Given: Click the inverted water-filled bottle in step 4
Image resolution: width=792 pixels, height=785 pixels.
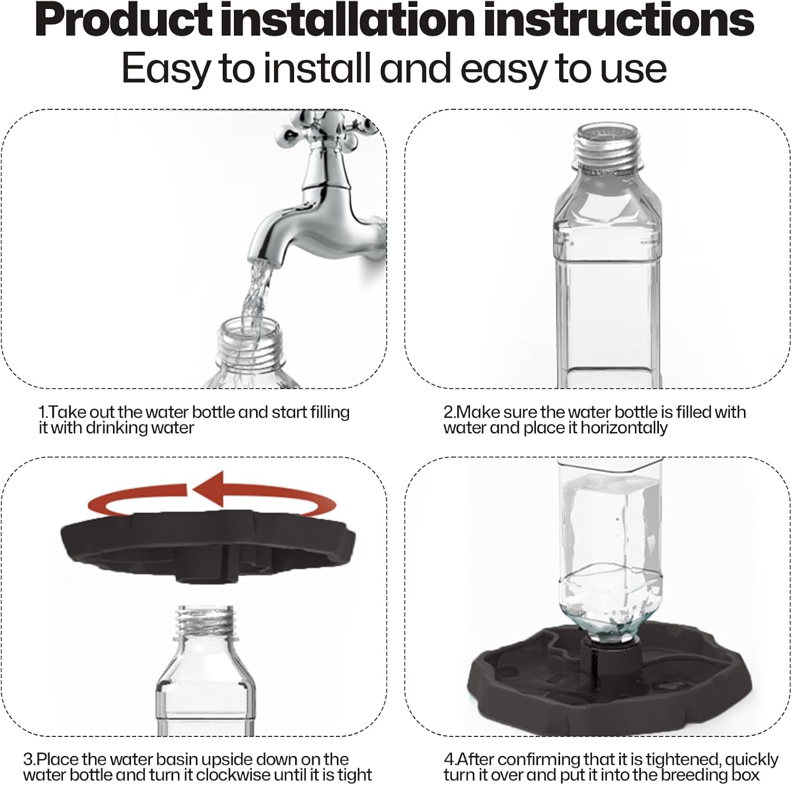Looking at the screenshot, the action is pyautogui.click(x=607, y=549).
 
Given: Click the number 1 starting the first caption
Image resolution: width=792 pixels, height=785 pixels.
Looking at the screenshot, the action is pyautogui.click(x=42, y=412).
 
